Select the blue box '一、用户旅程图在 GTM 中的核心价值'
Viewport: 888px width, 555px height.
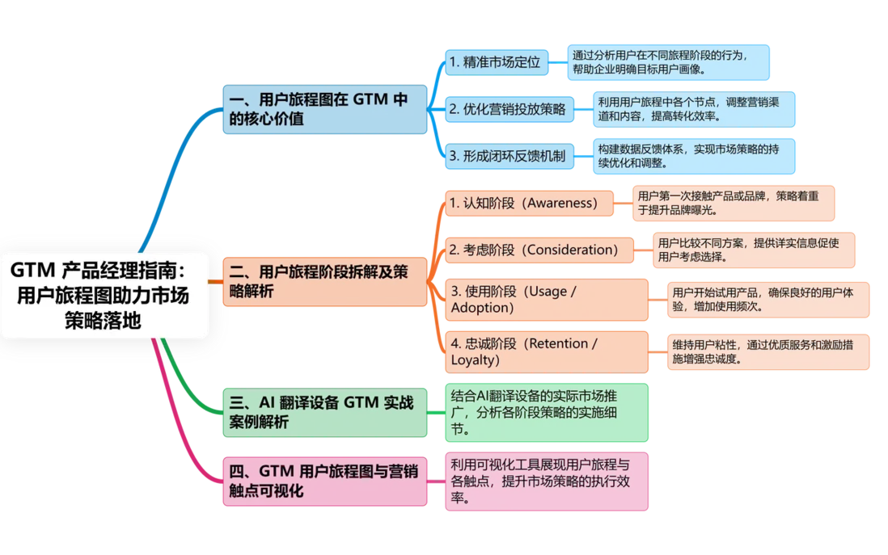pos(324,109)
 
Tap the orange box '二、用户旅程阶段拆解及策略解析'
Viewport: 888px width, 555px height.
pos(324,282)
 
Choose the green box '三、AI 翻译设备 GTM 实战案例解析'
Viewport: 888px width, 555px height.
pos(324,413)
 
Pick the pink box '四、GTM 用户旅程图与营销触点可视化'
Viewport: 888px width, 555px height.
pos(324,481)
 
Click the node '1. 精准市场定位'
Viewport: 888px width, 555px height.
pos(497,62)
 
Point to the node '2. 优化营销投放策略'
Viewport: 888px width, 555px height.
pos(510,109)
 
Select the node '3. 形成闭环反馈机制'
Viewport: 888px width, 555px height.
pos(510,156)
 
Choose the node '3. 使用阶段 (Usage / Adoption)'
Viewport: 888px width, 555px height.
pos(547,300)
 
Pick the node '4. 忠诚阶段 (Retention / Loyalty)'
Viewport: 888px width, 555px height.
pos(547,352)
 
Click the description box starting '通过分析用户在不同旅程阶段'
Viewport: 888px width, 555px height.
pos(668,62)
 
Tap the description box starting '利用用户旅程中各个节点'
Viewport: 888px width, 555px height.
pos(694,109)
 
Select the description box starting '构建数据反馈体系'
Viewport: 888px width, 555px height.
pos(694,156)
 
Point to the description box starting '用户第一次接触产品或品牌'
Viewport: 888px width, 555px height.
pos(734,203)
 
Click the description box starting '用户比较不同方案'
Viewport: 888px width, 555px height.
pos(754,250)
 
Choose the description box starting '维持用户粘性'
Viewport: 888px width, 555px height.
pos(768,352)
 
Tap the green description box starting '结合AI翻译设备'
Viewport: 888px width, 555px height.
pos(547,413)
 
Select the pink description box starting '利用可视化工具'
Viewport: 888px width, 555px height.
pos(547,481)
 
